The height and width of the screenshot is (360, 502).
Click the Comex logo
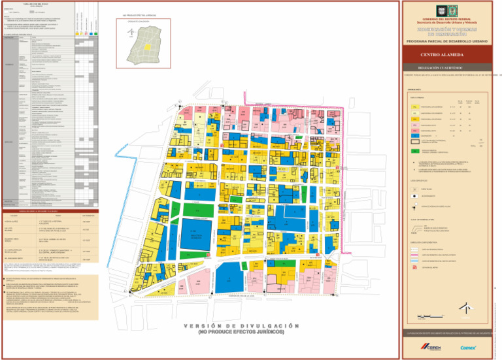(x=469, y=348)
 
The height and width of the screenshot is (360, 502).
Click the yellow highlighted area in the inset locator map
(x=148, y=47)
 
